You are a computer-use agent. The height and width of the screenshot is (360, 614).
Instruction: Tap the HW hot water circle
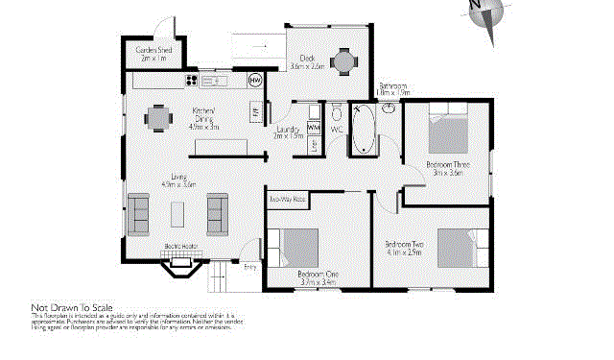255,81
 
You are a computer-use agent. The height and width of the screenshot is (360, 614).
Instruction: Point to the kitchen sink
213,81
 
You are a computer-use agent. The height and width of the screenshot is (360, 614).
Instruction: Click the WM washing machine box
314,127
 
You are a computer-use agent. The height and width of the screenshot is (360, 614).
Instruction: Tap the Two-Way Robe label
287,199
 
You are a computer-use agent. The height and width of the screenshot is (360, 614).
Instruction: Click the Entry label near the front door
249,267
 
